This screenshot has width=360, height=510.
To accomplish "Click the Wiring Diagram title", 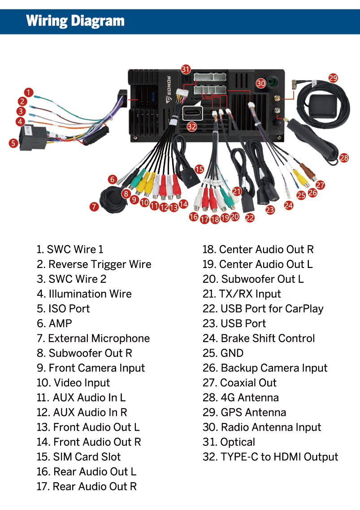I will point(75,21).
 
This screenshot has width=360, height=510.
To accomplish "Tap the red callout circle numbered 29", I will point(333,78).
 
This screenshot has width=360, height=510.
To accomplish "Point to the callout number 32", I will point(192,126).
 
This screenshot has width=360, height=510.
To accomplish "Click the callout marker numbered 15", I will point(199,169).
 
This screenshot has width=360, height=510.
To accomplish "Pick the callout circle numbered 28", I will point(344,158).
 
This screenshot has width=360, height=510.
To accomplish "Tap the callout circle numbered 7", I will point(94,207).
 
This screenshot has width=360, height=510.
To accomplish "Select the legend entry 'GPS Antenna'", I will point(244,412).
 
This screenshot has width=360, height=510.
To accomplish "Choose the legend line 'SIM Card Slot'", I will point(79,457).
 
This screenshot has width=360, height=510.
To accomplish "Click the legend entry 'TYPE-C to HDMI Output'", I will point(270,457).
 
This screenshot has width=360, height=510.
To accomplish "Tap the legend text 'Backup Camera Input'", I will point(265,368).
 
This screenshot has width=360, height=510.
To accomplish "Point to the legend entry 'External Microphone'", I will point(93,338).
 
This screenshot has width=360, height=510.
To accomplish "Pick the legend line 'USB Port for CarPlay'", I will point(263,309).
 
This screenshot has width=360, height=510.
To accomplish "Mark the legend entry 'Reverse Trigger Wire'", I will point(94,264).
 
